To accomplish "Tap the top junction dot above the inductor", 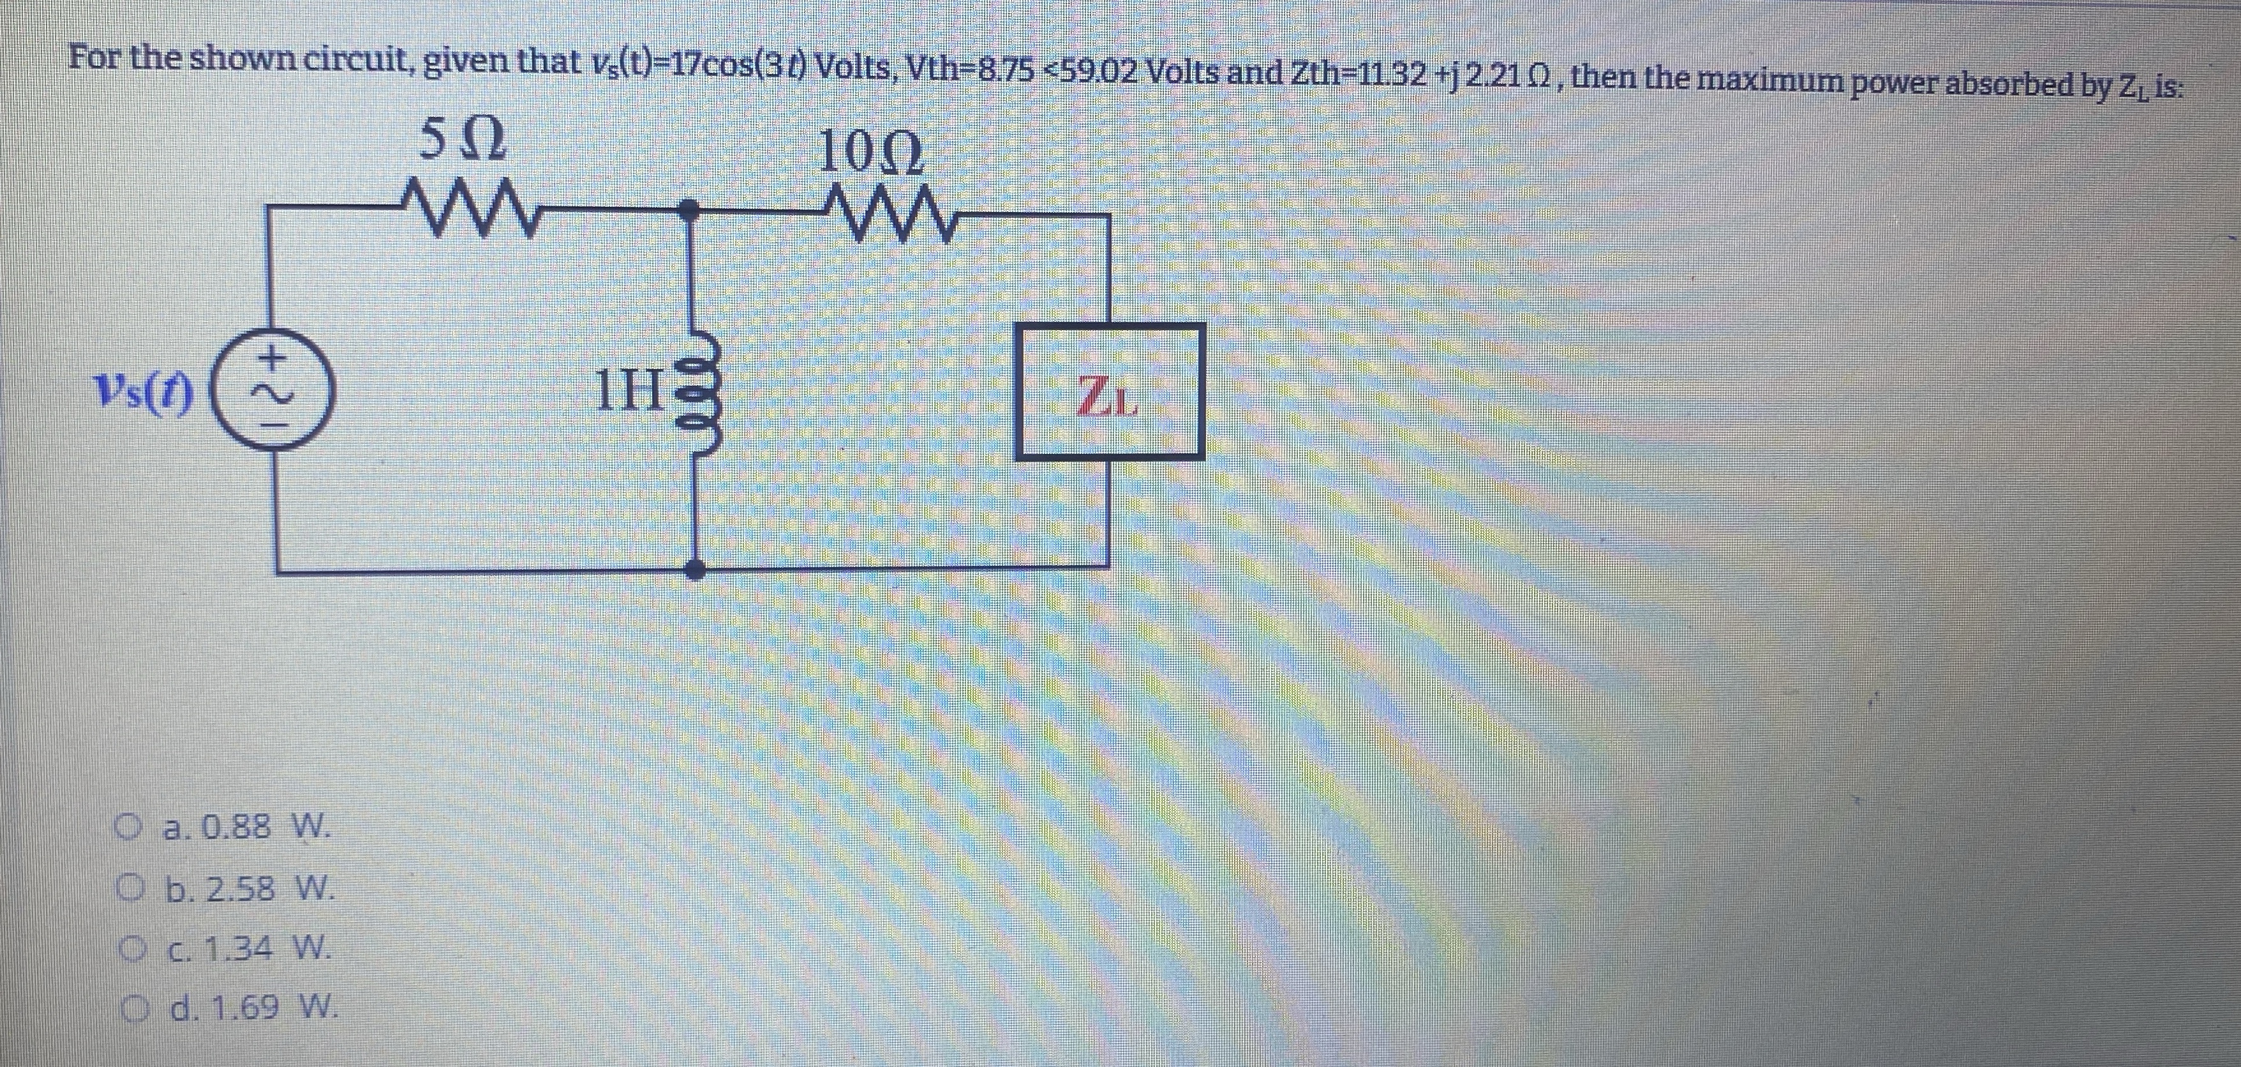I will coord(689,207).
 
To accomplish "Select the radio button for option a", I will coord(132,825).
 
